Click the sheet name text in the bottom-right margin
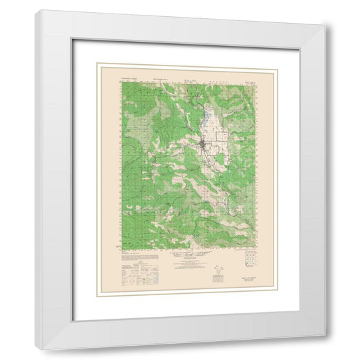point(247,276)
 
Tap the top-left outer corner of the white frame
point(37,9)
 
